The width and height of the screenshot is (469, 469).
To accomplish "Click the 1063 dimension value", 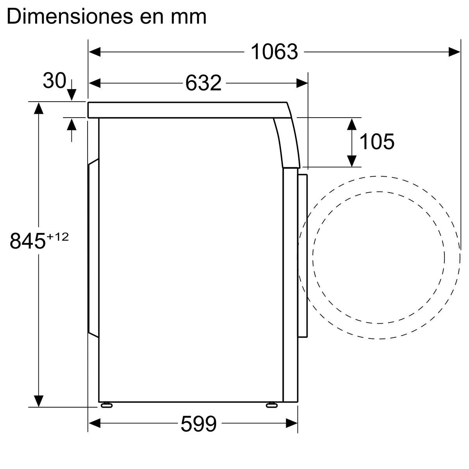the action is tap(274, 52).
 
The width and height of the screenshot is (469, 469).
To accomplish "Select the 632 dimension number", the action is tap(203, 83).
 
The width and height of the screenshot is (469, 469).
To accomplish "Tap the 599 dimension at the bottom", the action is tap(199, 424).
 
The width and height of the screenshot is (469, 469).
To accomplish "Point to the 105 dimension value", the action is tap(376, 141).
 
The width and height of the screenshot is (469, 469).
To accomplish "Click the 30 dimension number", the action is tap(54, 81).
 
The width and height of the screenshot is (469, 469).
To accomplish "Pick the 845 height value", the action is tap(27, 241).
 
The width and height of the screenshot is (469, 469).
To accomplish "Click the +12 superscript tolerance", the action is tap(57, 237).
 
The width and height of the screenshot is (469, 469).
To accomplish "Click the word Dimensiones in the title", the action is tap(70, 16).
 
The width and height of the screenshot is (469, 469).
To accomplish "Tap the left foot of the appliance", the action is tap(106, 405).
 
